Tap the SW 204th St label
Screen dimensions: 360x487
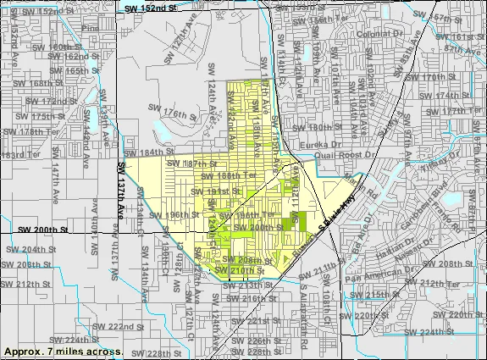[x=26, y=250]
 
